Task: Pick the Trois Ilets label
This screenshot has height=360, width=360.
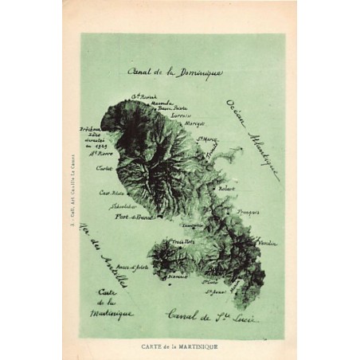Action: click(174, 241)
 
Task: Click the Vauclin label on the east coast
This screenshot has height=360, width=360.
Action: click(269, 242)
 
